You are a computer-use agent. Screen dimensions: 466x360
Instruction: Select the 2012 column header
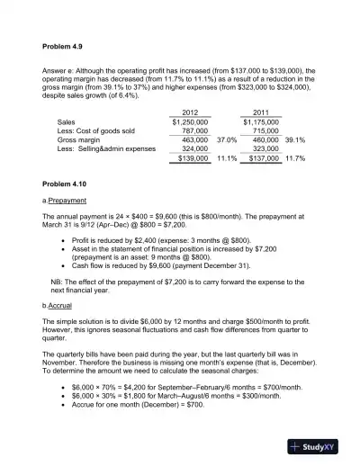(190, 112)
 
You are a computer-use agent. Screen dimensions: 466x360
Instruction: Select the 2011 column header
(261, 112)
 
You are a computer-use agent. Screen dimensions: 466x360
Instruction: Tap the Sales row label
(67, 121)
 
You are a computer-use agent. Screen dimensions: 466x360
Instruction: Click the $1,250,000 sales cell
(190, 121)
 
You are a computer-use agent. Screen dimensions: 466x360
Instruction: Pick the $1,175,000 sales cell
(261, 121)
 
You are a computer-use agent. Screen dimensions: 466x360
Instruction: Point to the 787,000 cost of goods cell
(194, 130)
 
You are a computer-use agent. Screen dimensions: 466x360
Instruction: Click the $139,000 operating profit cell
(193, 158)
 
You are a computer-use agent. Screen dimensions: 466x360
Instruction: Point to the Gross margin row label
(79, 140)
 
